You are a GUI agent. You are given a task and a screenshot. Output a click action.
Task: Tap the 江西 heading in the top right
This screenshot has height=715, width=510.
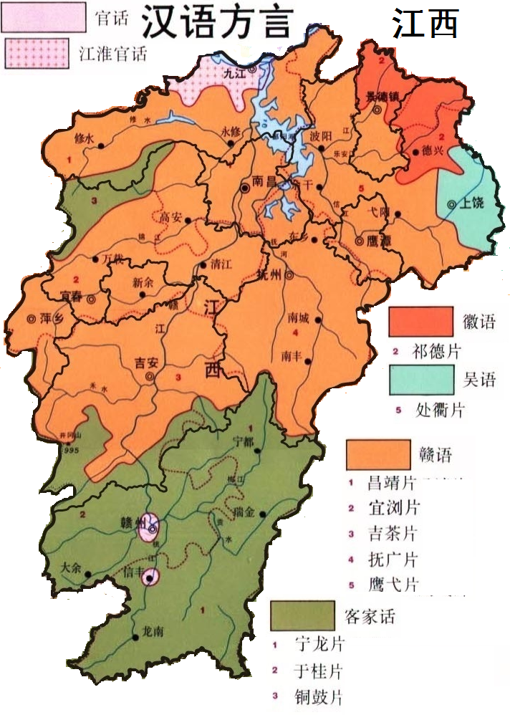(424, 25)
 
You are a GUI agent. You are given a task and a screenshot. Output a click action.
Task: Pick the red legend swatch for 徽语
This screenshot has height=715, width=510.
(420, 321)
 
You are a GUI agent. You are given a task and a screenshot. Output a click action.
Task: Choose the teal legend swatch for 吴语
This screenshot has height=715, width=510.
(422, 380)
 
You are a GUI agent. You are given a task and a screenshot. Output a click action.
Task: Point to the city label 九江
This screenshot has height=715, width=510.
(234, 72)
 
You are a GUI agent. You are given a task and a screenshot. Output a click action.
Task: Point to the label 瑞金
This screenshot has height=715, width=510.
(245, 514)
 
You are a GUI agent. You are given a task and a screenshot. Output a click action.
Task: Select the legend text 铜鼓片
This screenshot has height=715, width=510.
(319, 696)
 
